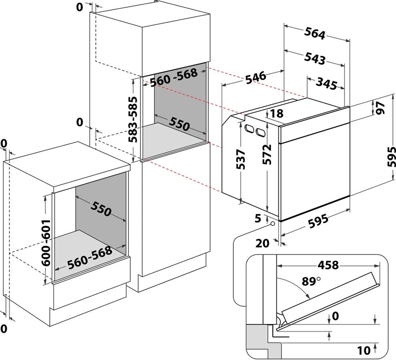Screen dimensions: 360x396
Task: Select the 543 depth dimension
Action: (x=314, y=58)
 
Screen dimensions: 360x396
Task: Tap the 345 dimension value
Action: (x=326, y=83)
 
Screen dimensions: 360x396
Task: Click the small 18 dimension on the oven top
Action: (x=276, y=114)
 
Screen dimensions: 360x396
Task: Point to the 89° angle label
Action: (x=311, y=281)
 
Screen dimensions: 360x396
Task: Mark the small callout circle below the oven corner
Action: (x=273, y=224)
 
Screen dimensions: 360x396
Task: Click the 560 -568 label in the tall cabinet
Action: (x=173, y=77)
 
